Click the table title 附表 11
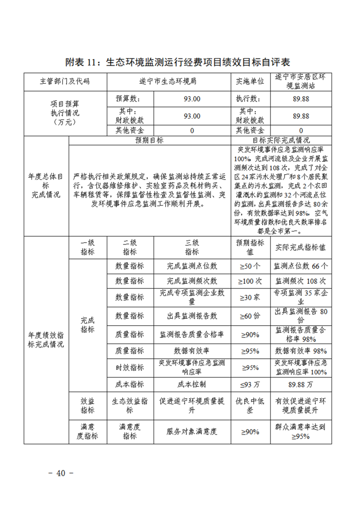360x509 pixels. pyautogui.click(x=178, y=62)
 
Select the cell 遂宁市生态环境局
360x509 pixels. pyautogui.click(x=168, y=82)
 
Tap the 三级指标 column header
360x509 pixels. pyautogui.click(x=192, y=247)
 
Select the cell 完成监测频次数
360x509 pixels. pyautogui.click(x=192, y=281)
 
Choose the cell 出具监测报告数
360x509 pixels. pyautogui.click(x=192, y=315)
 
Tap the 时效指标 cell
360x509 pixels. pyautogui.click(x=130, y=367)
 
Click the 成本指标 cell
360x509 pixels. pyautogui.click(x=130, y=384)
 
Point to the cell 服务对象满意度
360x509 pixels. pyautogui.click(x=192, y=431)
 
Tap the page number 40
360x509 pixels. pyautogui.click(x=61, y=473)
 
